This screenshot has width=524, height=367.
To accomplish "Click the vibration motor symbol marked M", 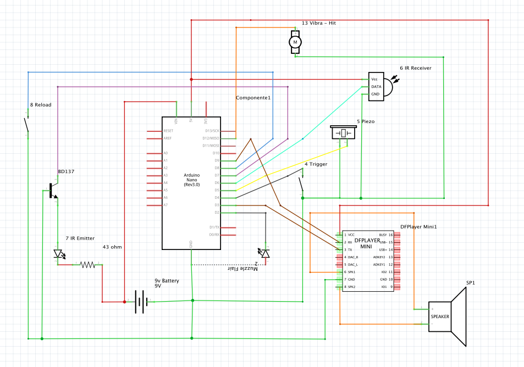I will pyautogui.click(x=295, y=42).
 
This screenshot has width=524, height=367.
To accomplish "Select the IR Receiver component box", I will pyautogui.click(x=377, y=86).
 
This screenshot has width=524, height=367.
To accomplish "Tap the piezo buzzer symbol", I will pyautogui.click(x=343, y=133).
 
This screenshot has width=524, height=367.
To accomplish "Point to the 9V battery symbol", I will pyautogui.click(x=141, y=301).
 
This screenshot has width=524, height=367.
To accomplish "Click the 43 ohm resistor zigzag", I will pyautogui.click(x=87, y=264).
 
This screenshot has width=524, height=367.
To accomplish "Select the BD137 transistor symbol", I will pyautogui.click(x=52, y=191).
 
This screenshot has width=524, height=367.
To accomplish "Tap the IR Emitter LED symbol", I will pyautogui.click(x=58, y=253).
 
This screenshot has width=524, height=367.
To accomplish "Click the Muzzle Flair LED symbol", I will pyautogui.click(x=265, y=253).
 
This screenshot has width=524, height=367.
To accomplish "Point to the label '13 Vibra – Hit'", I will pyautogui.click(x=319, y=23).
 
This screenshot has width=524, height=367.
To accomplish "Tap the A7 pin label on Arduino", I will pyautogui.click(x=166, y=205).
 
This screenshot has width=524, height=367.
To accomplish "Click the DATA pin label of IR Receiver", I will pyautogui.click(x=376, y=86).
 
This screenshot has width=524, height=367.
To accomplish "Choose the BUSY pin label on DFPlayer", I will pyautogui.click(x=383, y=235).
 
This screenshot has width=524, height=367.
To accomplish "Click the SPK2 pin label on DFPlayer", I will pyautogui.click(x=351, y=287).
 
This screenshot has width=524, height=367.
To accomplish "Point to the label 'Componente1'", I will pyautogui.click(x=253, y=97).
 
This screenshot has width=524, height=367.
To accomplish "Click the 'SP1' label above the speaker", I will pyautogui.click(x=471, y=283).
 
